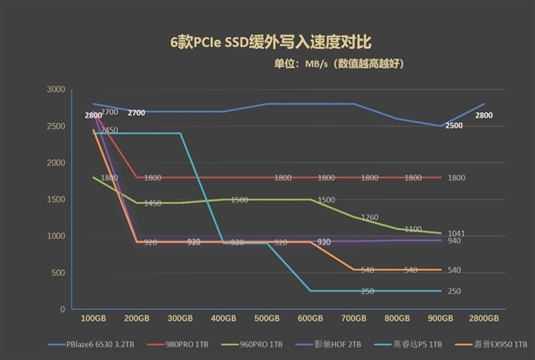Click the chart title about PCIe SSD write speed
(x=267, y=42)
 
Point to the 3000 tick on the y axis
(x=55, y=90)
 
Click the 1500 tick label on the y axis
(x=55, y=200)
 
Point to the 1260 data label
(x=370, y=217)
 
